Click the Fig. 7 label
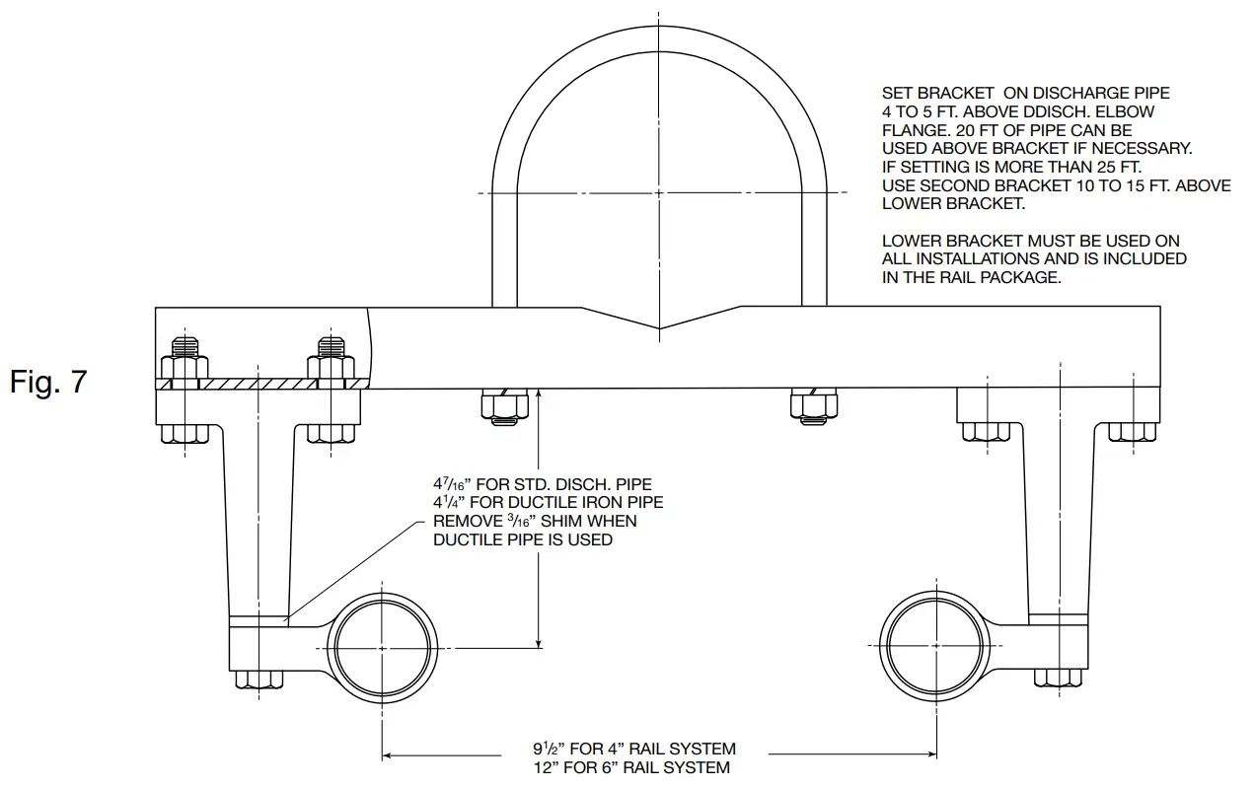(48, 383)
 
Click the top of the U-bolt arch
(659, 51)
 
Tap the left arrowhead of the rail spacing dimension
(389, 756)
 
